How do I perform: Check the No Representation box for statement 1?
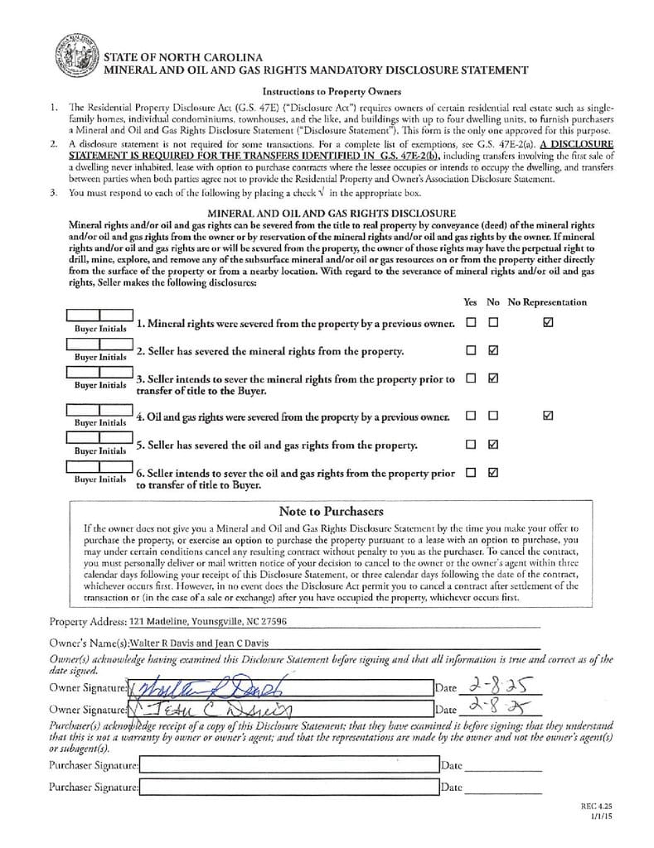coord(547,322)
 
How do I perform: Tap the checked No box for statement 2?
coord(493,350)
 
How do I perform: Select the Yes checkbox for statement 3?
coord(471,379)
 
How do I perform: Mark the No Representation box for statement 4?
coord(547,416)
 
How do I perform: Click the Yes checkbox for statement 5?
coord(471,444)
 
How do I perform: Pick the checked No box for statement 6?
coord(493,473)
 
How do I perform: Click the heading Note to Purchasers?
coord(331,511)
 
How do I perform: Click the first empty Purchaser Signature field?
coord(288,766)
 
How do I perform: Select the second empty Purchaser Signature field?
coord(288,788)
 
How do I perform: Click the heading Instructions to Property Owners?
coord(332,91)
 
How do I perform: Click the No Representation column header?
coord(547,302)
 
